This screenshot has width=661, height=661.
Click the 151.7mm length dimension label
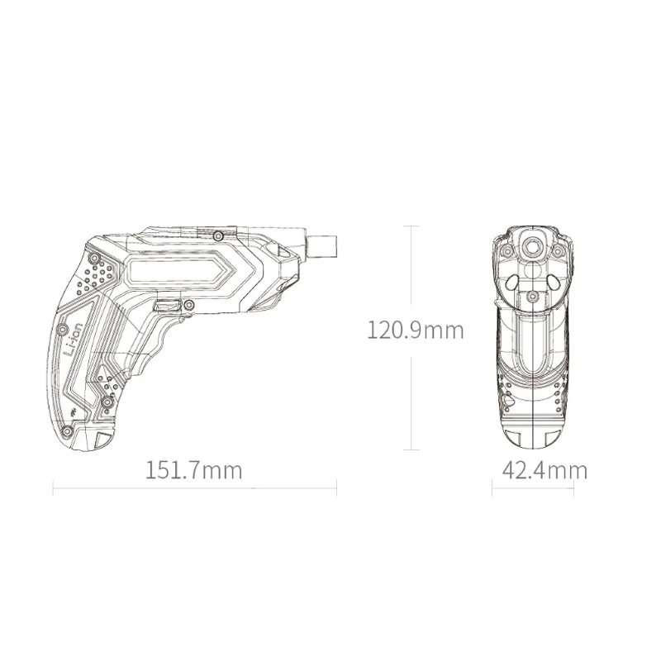tap(194, 470)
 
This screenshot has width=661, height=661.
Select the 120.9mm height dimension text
tap(416, 330)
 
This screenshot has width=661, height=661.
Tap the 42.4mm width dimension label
tap(544, 470)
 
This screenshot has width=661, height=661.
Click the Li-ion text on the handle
tap(74, 341)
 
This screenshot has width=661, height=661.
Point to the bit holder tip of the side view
tap(322, 245)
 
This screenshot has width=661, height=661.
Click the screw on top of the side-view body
tap(218, 236)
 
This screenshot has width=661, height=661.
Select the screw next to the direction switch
tap(189, 304)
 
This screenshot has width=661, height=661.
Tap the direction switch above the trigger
tap(169, 305)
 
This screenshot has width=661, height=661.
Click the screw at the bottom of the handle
tap(67, 431)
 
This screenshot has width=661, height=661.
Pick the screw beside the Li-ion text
tap(63, 328)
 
